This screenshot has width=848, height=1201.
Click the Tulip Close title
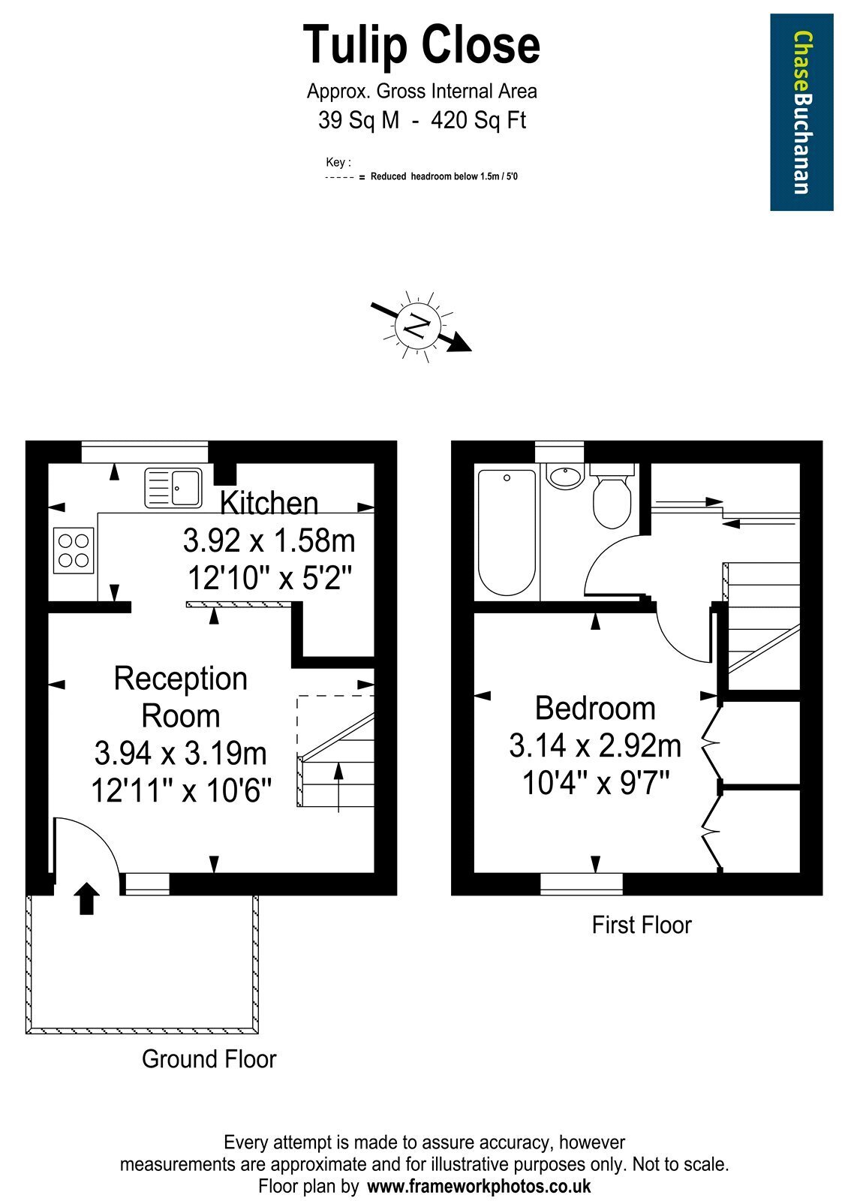pos(421,47)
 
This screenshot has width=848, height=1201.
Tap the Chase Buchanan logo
pos(801,112)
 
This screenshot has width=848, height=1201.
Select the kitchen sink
pos(173,488)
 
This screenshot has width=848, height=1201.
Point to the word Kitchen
pos(269,503)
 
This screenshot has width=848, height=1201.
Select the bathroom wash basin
pos(565,477)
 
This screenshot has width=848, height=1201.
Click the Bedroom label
pos(595,709)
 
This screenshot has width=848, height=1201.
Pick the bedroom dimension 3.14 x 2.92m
pos(595,746)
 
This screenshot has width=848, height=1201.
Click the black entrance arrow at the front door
pos(86,898)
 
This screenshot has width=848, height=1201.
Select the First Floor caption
pos(642,925)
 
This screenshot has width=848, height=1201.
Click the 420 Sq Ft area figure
pos(479,120)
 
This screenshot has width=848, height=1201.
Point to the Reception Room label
pos(181,697)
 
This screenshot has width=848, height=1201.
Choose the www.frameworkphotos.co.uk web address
pos(480,1185)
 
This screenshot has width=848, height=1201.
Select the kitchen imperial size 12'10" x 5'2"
pos(269,578)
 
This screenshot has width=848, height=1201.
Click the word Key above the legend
pos(338,162)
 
